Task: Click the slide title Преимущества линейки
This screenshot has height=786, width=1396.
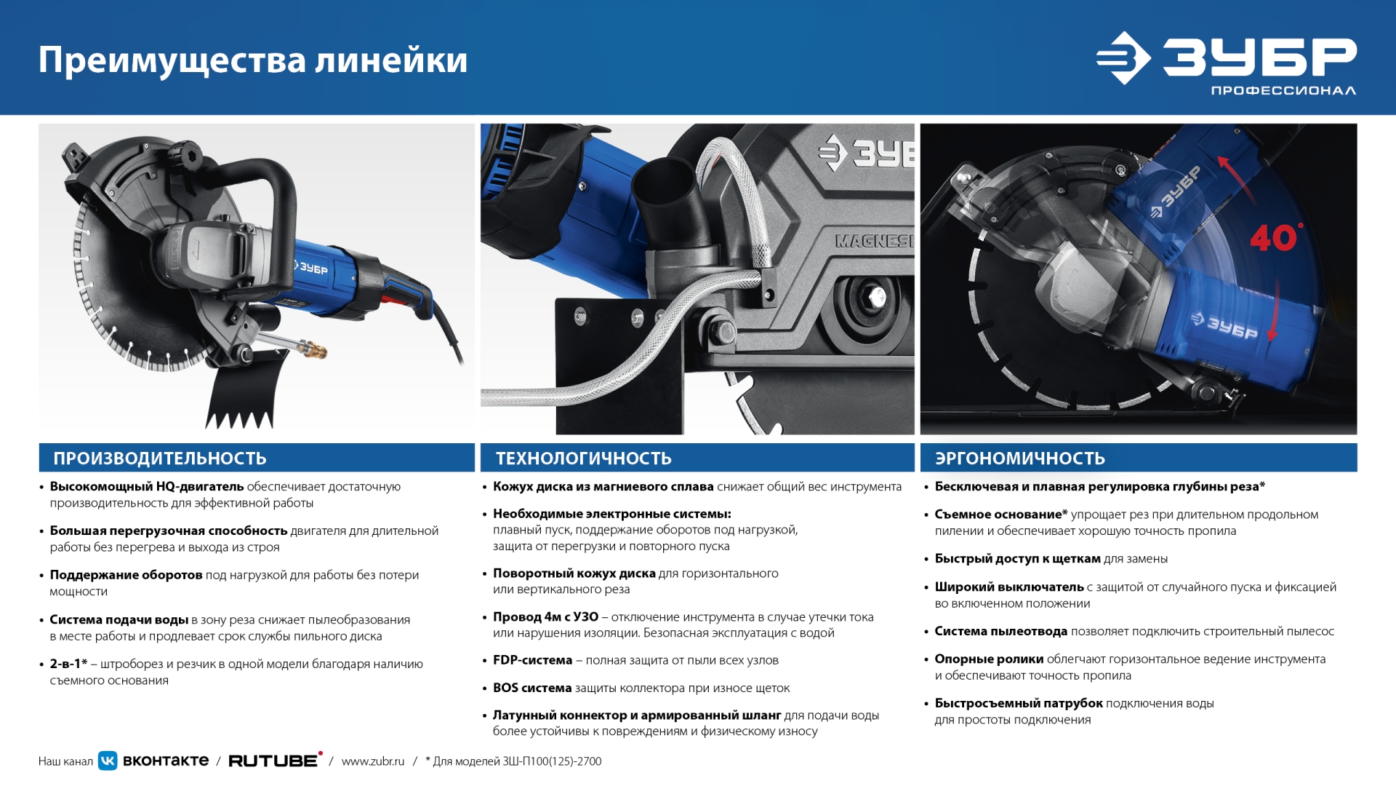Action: point(252,60)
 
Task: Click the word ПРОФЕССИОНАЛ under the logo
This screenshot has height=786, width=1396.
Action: point(1283,91)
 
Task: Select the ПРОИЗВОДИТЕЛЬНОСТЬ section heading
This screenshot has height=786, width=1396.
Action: point(160,458)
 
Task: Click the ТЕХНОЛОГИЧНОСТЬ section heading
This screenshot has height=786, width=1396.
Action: point(583,458)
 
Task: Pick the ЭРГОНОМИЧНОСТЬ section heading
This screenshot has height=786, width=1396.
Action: point(1019,458)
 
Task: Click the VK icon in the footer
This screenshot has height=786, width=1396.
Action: point(108,761)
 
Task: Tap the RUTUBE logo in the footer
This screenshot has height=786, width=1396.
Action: point(274,761)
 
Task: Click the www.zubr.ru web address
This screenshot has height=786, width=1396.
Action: point(372,761)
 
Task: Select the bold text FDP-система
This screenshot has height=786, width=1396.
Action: point(532,660)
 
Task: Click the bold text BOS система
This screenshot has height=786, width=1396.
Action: point(532,688)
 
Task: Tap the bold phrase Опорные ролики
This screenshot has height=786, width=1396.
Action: point(989,659)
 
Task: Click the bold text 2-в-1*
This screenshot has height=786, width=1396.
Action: point(68,664)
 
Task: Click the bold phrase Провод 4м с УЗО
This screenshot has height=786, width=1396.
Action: point(545,617)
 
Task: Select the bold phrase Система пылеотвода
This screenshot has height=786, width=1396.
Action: point(1000,632)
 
